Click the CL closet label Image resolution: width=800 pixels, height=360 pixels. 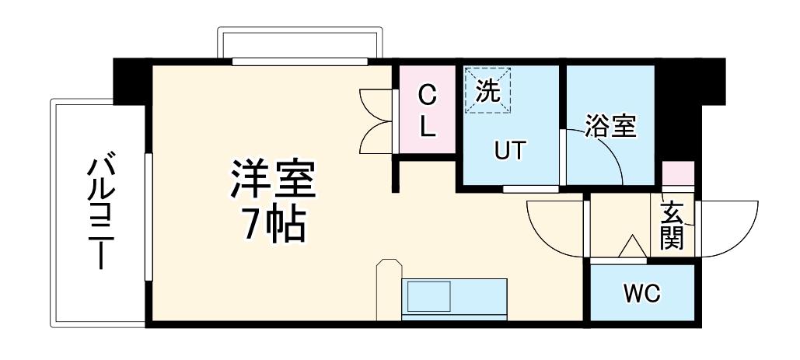[428, 111]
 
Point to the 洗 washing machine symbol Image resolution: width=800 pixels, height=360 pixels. [488, 90]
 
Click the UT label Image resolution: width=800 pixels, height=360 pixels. [511, 150]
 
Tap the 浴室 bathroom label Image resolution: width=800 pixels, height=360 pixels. [610, 125]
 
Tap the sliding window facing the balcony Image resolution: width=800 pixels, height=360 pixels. [148, 217]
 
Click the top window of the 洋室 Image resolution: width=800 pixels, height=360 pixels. [299, 61]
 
